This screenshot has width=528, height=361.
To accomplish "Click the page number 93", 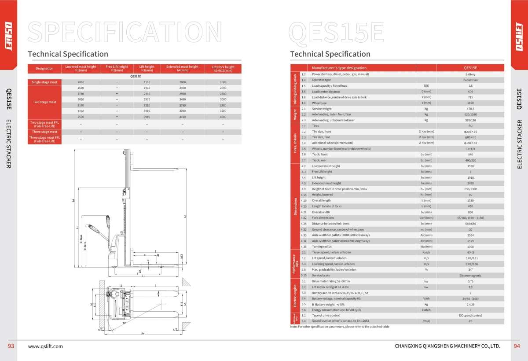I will pyautogui.click(x=11, y=346).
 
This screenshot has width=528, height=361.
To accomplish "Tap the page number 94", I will pyautogui.click(x=517, y=346).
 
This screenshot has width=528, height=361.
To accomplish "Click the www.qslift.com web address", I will pyautogui.click(x=45, y=346).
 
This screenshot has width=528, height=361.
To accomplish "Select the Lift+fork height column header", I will pyautogui.click(x=223, y=68).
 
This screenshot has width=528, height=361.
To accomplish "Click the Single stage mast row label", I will pyautogui.click(x=44, y=82).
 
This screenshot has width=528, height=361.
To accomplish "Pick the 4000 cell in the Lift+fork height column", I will pyautogui.click(x=223, y=117).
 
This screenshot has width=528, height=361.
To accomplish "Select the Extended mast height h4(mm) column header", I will pyautogui.click(x=182, y=68).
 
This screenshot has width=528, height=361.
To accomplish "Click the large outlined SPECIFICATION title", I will pyautogui.click(x=125, y=31).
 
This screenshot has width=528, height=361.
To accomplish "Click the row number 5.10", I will pyautogui.click(x=303, y=275).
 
